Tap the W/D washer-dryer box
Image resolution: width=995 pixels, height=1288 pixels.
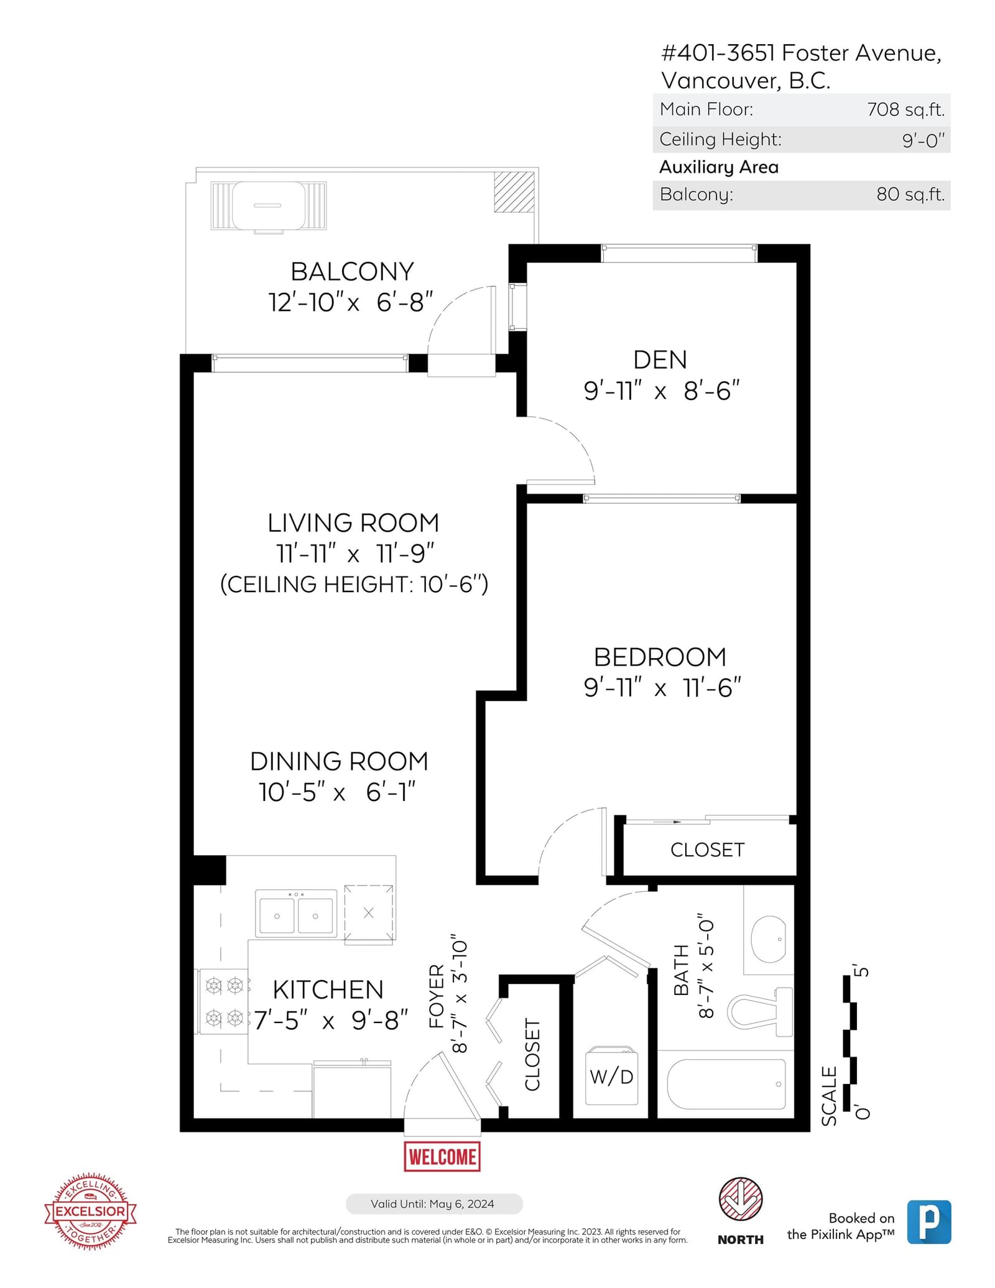[x=611, y=1075]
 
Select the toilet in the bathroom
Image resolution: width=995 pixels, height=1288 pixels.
[x=760, y=1011]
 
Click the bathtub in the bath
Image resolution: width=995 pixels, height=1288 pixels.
[x=726, y=1084]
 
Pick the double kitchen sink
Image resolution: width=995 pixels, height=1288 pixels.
[x=296, y=913]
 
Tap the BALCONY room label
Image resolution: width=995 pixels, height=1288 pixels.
[x=352, y=272]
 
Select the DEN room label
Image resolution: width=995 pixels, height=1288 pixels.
[x=660, y=359]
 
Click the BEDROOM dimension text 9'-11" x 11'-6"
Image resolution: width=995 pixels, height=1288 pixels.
[x=662, y=688]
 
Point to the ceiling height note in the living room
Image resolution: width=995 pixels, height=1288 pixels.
[x=354, y=584]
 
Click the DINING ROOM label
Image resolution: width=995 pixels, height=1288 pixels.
[x=339, y=761]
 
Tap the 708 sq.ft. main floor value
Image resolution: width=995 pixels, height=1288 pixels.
[x=905, y=109]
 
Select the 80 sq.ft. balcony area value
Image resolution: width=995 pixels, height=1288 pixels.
[x=910, y=195]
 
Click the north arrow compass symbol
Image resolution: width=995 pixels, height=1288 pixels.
[x=741, y=1198]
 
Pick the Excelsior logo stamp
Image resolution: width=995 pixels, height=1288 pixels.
[x=91, y=1212]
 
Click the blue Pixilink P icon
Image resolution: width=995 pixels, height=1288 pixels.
[x=929, y=1221]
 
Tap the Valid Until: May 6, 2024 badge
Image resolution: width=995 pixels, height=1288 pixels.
[x=433, y=1203]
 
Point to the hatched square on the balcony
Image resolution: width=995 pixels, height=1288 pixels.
[x=514, y=192]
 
